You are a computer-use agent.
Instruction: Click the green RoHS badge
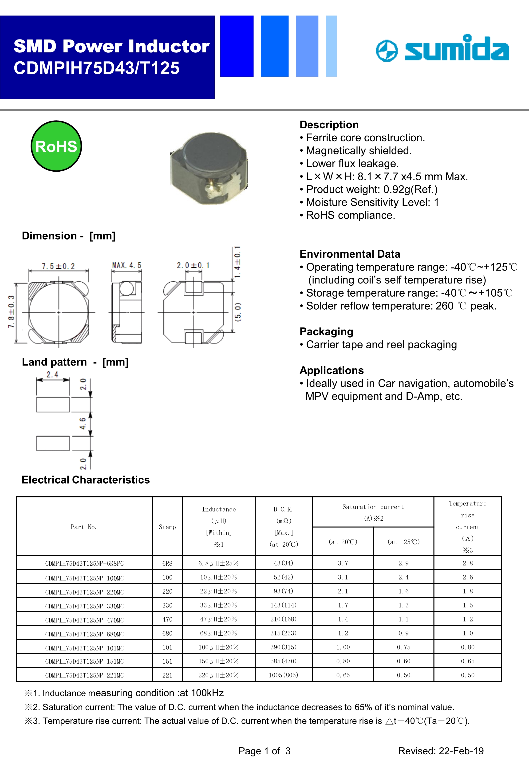point(56,146)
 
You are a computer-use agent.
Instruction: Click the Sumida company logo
point(442,49)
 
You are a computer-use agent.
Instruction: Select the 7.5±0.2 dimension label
point(58,266)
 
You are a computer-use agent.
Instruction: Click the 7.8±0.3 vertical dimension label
point(11,311)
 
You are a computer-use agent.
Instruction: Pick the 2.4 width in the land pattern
point(52,374)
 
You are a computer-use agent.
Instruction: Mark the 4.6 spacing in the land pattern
point(83,423)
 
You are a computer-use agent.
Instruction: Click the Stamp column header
point(167,527)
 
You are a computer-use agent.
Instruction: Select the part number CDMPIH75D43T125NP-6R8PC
point(84,563)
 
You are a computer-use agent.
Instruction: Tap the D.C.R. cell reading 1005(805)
point(283,675)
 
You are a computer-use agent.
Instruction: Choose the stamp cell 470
point(167,619)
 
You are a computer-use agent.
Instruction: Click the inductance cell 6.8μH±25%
point(218,563)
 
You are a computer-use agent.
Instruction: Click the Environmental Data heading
point(350,254)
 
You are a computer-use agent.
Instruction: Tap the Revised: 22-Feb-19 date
point(441,751)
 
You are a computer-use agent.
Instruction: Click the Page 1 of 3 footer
point(264,751)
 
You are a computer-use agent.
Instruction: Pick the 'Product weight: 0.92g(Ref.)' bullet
point(371,189)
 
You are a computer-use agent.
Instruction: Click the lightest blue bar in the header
point(331,46)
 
